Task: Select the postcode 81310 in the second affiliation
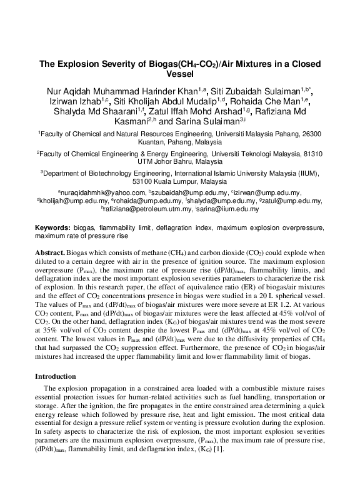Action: pos(311,153)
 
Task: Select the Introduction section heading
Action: pos(55,376)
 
